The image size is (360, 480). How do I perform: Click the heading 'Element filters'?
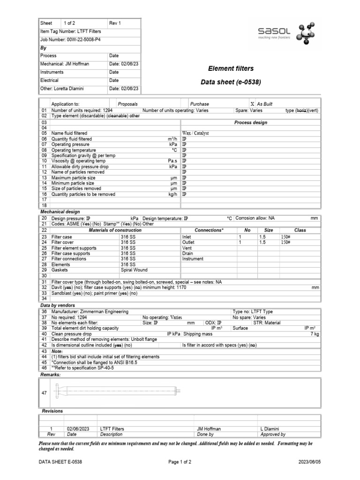[231, 68]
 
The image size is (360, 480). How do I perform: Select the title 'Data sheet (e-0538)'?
[231, 82]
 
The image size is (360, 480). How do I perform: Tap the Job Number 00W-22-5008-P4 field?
[70, 39]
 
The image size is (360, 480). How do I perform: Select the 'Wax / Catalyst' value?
[195, 133]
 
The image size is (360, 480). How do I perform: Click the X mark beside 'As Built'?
[252, 104]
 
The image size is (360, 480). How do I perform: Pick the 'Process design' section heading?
[251, 122]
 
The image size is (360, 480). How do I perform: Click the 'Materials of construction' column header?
[115, 230]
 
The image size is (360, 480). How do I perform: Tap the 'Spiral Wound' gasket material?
[134, 270]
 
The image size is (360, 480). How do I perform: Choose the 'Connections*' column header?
[209, 230]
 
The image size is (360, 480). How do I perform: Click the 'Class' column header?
[300, 230]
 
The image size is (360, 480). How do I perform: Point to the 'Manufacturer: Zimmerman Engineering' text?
[90, 312]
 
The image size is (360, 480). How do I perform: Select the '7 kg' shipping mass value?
[315, 334]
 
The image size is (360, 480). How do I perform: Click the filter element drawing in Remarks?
[117, 389]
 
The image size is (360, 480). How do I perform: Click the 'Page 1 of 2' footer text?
[180, 462]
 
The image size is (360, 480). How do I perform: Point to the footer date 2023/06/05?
[310, 462]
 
